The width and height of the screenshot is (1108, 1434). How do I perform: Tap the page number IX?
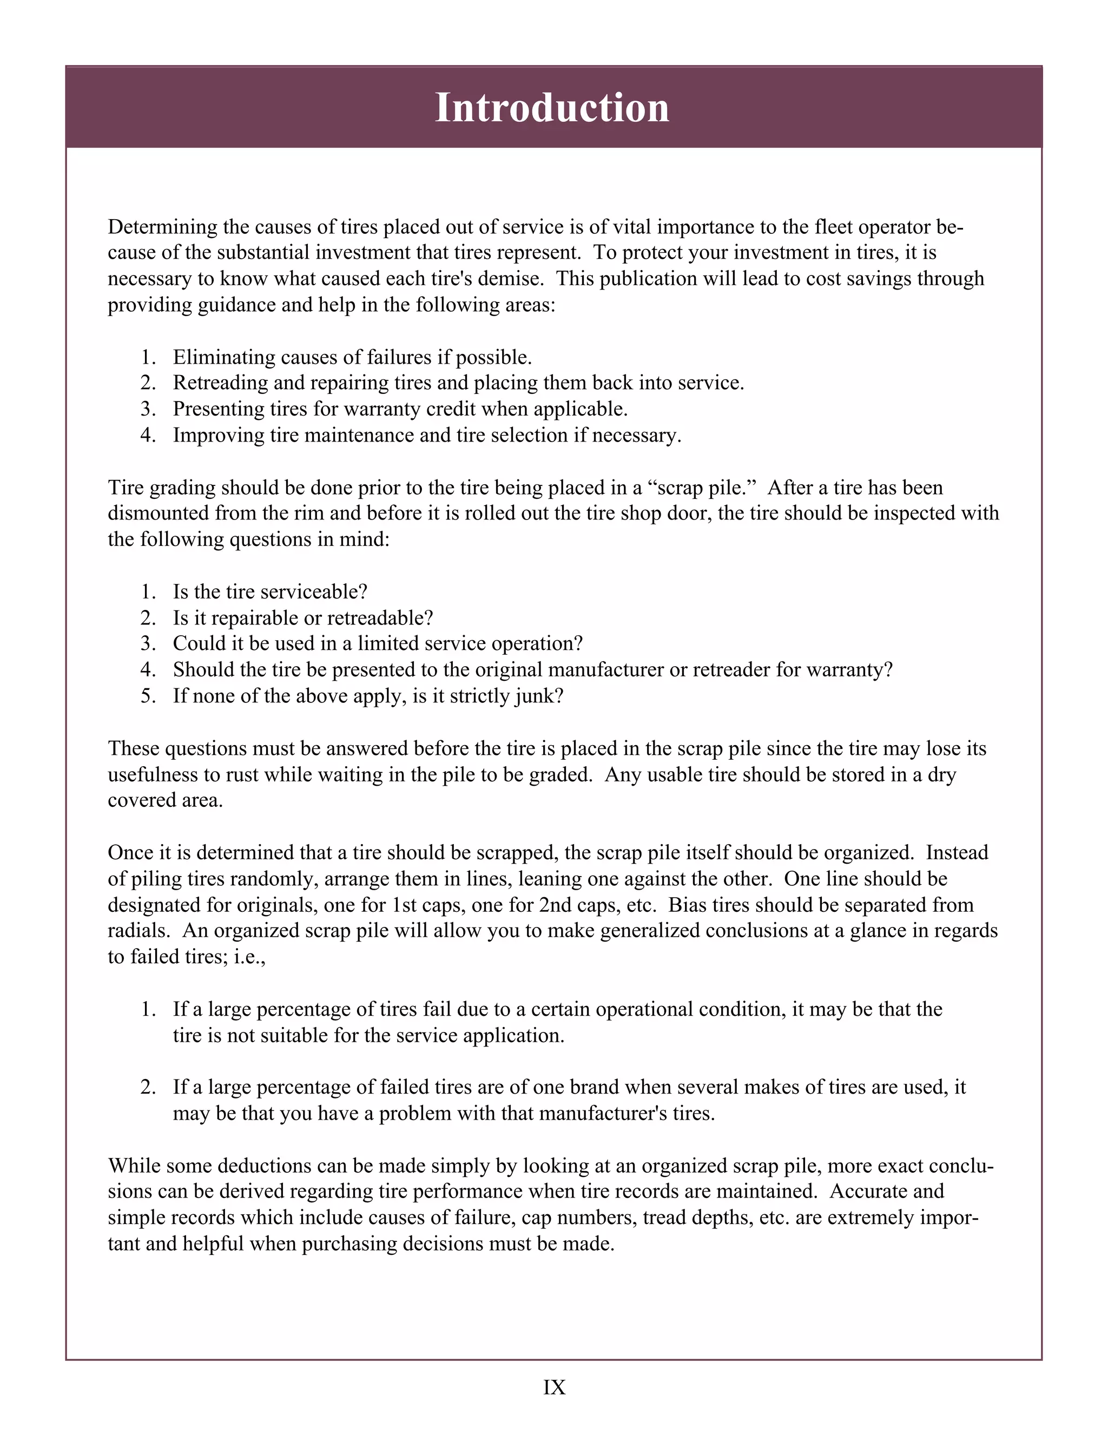pos(554,1387)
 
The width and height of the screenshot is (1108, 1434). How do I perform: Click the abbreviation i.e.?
pos(249,957)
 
